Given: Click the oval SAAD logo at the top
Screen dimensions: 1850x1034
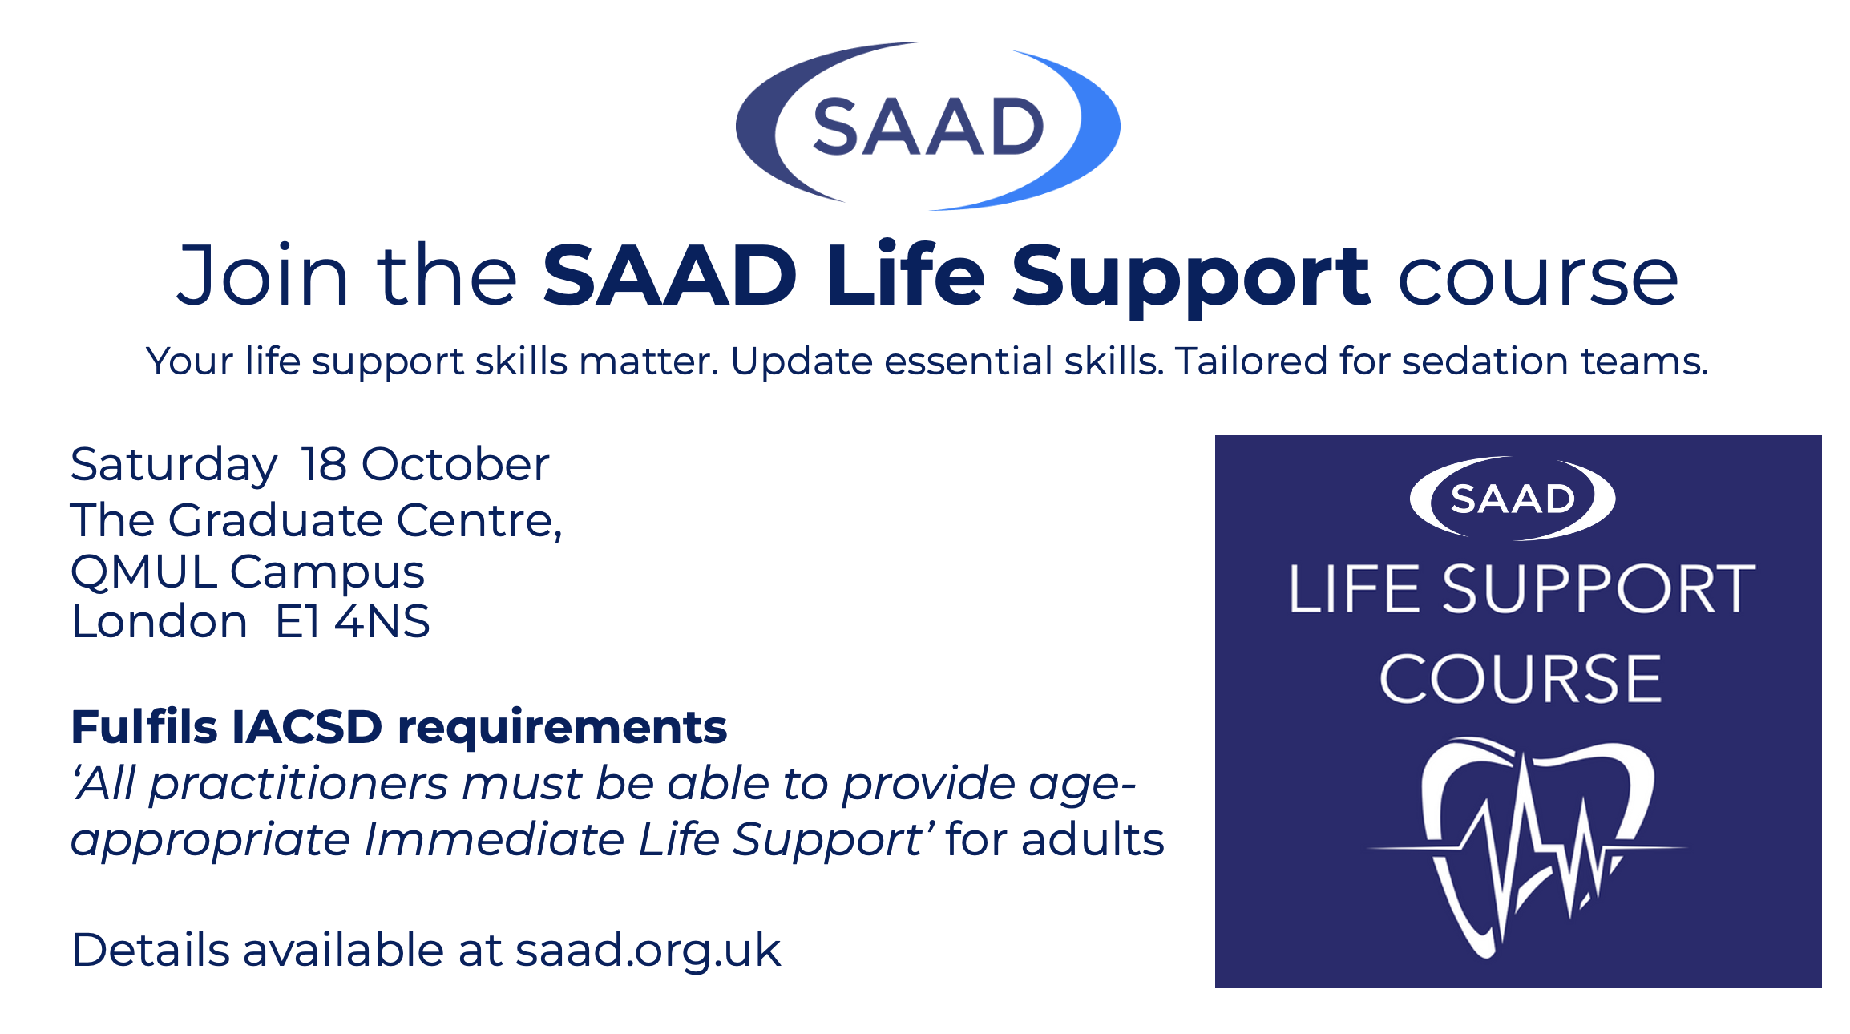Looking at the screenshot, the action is pyautogui.click(x=927, y=126).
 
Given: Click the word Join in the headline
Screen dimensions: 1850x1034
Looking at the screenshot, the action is pyautogui.click(x=263, y=275).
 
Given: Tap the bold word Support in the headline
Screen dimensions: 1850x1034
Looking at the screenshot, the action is pyautogui.click(x=1190, y=277).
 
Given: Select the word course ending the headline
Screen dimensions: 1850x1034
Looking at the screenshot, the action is pyautogui.click(x=1537, y=278).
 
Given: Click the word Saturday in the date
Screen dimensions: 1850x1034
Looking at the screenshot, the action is pyautogui.click(x=174, y=465).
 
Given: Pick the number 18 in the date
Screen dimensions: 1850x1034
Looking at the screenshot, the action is pyautogui.click(x=324, y=463).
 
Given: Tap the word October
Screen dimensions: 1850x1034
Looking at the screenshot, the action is pyautogui.click(x=455, y=463).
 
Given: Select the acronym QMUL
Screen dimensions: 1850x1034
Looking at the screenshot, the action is pyautogui.click(x=143, y=572).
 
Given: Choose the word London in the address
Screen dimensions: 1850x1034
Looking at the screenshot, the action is pyautogui.click(x=160, y=621).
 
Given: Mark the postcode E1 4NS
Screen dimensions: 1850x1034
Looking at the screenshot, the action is pyautogui.click(x=353, y=621).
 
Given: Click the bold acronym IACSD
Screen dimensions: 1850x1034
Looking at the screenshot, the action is pyautogui.click(x=307, y=727).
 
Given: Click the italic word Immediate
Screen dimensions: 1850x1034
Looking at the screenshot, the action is pyautogui.click(x=495, y=839).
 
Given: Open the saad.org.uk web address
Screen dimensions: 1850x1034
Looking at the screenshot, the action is pyautogui.click(x=648, y=951).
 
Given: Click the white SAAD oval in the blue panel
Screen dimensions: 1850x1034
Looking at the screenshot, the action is pyautogui.click(x=1513, y=499).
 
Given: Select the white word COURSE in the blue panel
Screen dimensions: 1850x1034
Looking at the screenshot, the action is pyautogui.click(x=1520, y=679).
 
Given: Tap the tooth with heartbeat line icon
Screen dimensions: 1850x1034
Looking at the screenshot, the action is pyautogui.click(x=1527, y=846).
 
